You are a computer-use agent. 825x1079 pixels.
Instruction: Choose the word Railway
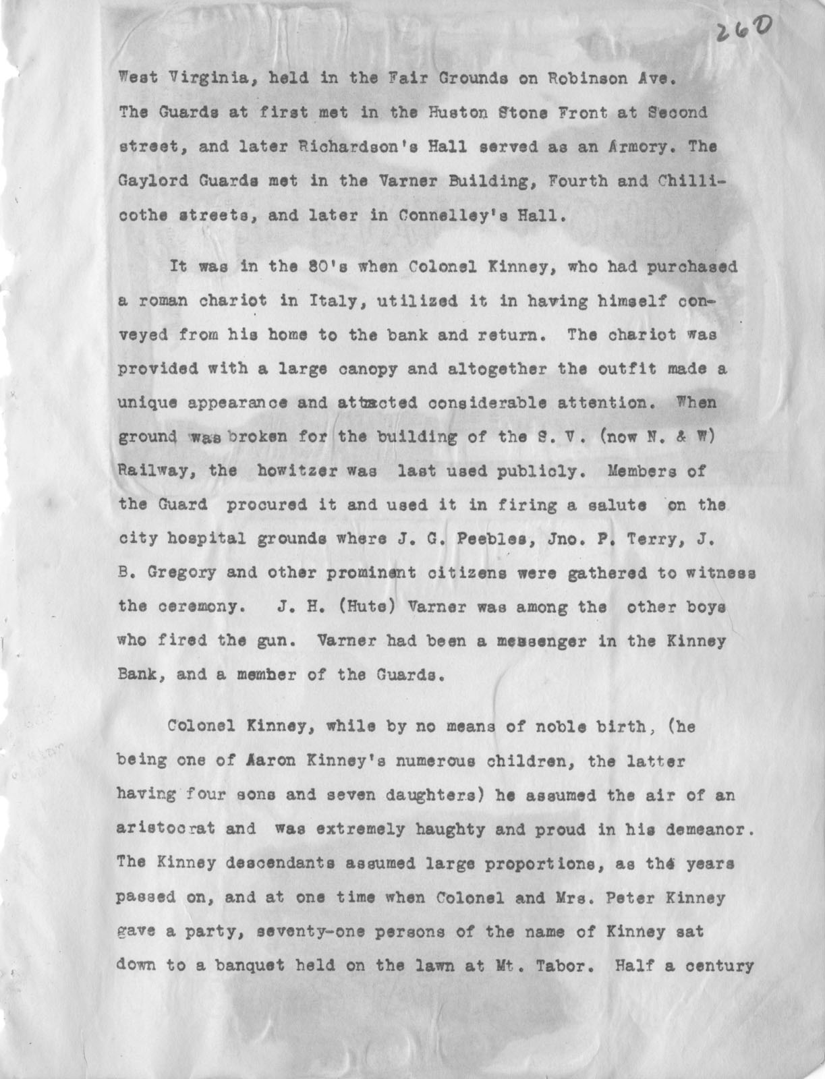pos(157,471)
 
